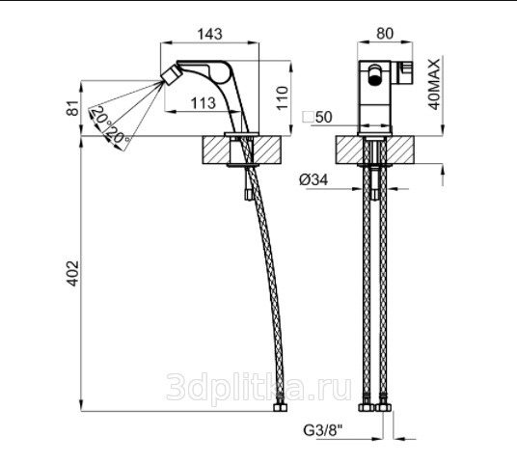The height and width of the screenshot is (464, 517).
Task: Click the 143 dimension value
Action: pyautogui.click(x=209, y=34)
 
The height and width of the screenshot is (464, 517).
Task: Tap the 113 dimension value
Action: pyautogui.click(x=204, y=103)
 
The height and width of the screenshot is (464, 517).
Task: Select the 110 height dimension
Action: pyautogui.click(x=282, y=98)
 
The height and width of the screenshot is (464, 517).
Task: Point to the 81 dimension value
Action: pyautogui.click(x=73, y=108)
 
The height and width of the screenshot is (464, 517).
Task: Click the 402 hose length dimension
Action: pyautogui.click(x=72, y=273)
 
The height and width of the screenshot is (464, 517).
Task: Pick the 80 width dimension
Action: pyautogui.click(x=385, y=34)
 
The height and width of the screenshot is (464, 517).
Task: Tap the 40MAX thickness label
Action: pyautogui.click(x=434, y=85)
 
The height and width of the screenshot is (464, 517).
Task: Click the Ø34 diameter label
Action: pyautogui.click(x=313, y=180)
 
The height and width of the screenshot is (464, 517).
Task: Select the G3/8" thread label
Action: pyautogui.click(x=323, y=430)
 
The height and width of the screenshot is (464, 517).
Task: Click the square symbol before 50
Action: pyautogui.click(x=309, y=118)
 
